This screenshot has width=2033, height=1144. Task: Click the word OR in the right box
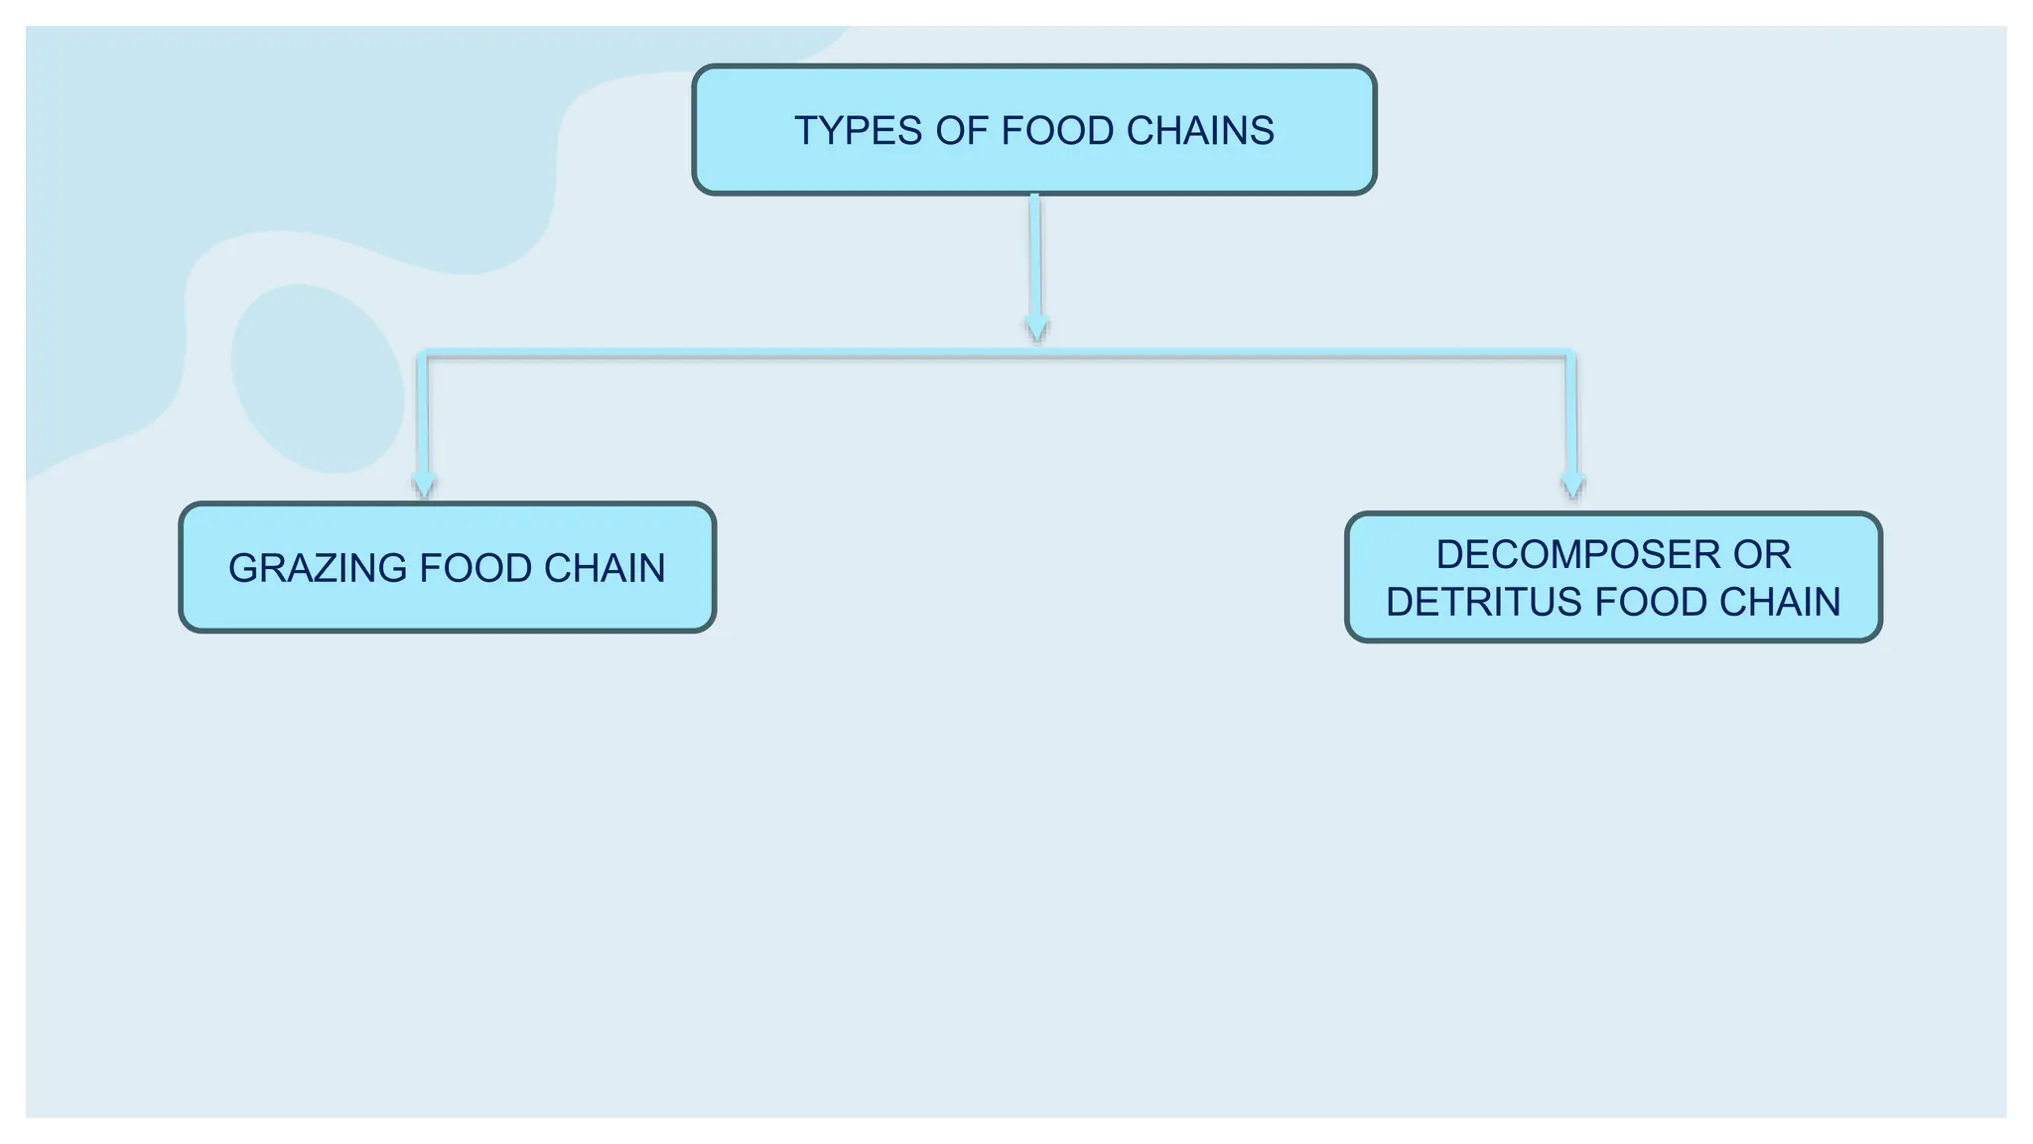[x=1762, y=555]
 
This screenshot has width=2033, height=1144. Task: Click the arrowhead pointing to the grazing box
[x=425, y=486]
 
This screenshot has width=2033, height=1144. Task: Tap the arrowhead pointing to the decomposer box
[x=1572, y=486]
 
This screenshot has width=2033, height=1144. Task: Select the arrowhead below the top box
[x=1036, y=329]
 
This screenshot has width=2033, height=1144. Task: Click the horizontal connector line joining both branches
[x=997, y=354]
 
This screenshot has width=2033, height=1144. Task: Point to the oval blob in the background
[x=318, y=378]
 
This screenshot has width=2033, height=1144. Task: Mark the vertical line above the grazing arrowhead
[x=423, y=415]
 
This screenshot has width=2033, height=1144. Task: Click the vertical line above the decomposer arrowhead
[x=1571, y=415]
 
